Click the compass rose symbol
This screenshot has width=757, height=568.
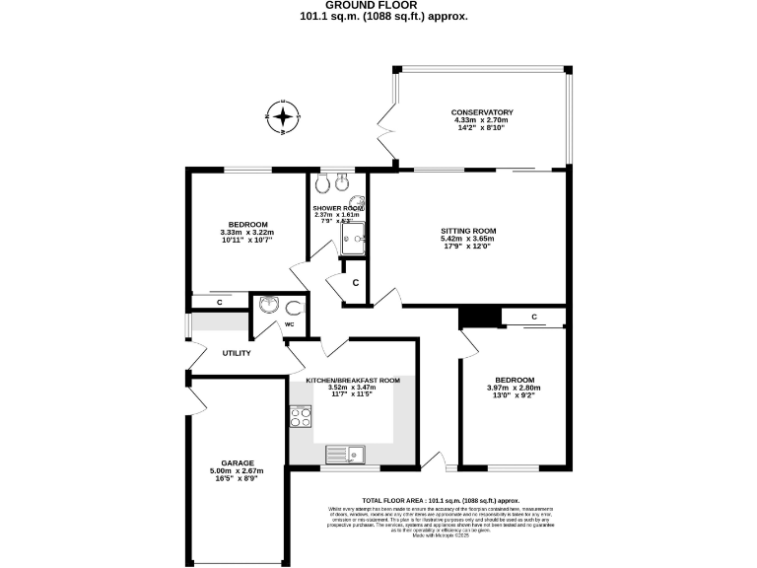[x=283, y=117]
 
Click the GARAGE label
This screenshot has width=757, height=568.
[x=238, y=462]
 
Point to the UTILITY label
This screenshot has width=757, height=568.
[x=237, y=353]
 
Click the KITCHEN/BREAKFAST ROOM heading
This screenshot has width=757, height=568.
[x=352, y=380]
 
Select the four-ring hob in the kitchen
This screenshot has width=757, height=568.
[x=300, y=417]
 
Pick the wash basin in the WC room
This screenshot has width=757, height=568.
[x=267, y=305]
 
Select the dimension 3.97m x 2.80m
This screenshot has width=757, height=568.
[x=514, y=389]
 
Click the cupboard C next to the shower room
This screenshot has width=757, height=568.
[x=355, y=283]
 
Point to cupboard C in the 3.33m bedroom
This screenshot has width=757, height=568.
[x=219, y=302]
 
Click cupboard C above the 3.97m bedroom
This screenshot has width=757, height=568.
[x=533, y=317]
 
